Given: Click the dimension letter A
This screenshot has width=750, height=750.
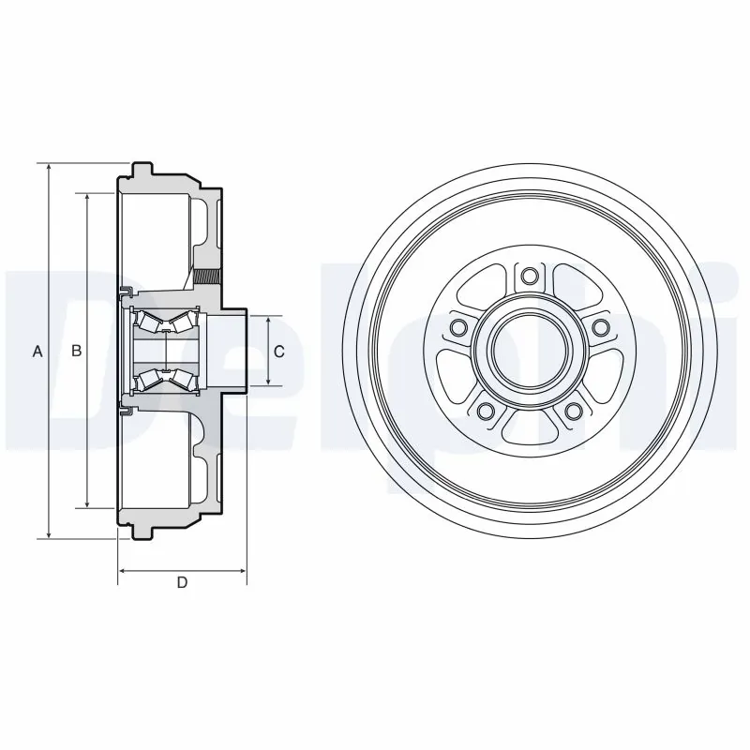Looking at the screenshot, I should click(x=37, y=352).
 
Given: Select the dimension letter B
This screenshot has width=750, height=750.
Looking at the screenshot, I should click(x=78, y=352).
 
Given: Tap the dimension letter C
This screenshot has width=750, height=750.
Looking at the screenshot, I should click(x=278, y=352).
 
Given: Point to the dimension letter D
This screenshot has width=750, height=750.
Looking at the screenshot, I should click(x=183, y=583).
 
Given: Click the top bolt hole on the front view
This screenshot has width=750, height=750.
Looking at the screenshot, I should click(x=529, y=276).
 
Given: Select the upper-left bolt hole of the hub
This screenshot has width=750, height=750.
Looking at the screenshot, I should click(x=458, y=326).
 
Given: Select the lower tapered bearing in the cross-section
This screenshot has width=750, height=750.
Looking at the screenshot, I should click(x=164, y=380).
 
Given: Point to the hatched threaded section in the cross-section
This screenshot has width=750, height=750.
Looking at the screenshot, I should click(x=208, y=277).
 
